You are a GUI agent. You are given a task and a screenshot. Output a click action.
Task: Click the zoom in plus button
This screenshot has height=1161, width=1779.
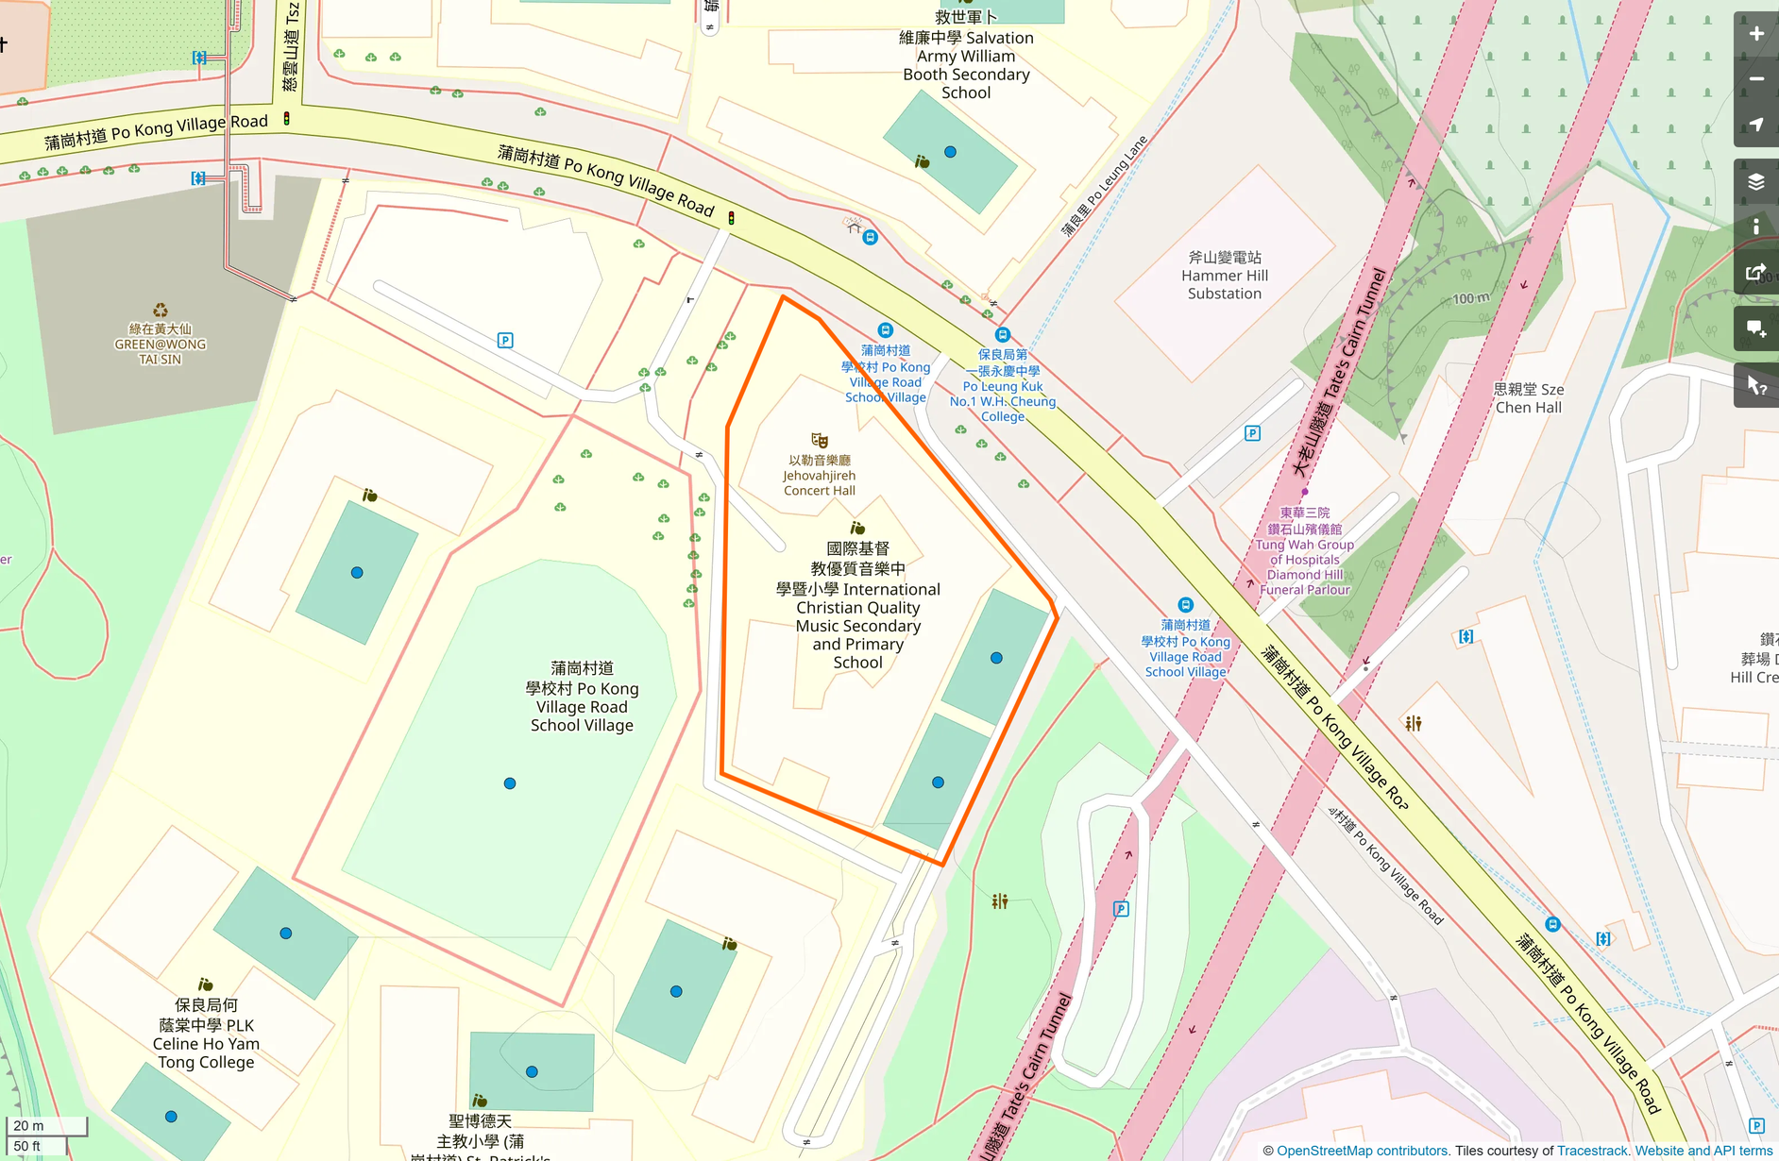tap(1755, 34)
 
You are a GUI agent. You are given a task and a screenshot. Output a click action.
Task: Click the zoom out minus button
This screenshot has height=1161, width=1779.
tap(1755, 79)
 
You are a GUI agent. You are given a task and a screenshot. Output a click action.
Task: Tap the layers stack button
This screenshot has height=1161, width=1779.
tap(1755, 182)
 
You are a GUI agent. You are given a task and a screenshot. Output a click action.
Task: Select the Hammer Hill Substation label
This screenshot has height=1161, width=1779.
tap(1224, 276)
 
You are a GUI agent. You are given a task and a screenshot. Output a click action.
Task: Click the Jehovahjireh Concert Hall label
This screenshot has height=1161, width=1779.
tap(819, 476)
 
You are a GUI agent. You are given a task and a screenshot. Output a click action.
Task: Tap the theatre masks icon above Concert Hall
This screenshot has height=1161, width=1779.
tap(820, 441)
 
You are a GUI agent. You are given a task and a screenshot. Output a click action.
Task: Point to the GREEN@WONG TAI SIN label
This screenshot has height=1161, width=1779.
tap(161, 345)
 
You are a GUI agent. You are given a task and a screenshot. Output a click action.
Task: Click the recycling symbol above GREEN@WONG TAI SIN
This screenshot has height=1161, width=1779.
tap(161, 311)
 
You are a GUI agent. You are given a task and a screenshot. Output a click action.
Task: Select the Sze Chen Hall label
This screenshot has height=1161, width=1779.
tap(1528, 398)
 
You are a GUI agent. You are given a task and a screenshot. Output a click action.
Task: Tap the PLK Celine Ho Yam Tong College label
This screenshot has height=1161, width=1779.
tap(206, 1035)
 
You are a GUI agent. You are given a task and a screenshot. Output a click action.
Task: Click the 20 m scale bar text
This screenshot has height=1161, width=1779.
tap(29, 1126)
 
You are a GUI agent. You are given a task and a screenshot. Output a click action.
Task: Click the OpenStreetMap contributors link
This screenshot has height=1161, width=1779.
tap(1362, 1151)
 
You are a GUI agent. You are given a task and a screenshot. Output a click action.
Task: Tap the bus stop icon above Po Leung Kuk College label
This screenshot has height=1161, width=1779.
tap(1002, 335)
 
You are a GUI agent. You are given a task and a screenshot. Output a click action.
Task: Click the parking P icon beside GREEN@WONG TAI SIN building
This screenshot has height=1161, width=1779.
tap(505, 341)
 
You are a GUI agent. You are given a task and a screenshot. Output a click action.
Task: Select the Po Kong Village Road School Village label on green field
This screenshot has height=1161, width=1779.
tap(582, 697)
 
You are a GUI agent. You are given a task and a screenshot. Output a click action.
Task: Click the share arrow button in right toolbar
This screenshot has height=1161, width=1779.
tap(1755, 274)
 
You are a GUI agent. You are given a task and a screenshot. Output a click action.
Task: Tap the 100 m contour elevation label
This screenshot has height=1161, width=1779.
tap(1470, 298)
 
